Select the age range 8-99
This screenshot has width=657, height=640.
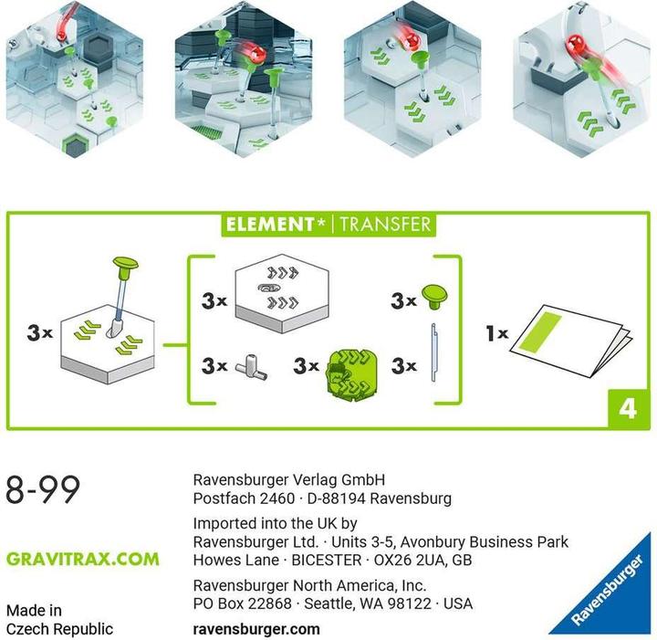point(43,490)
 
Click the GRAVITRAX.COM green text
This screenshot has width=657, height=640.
point(82,559)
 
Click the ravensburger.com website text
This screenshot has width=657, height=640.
point(256,629)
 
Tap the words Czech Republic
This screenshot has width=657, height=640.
point(59,629)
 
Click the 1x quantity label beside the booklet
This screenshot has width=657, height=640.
point(497,335)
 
